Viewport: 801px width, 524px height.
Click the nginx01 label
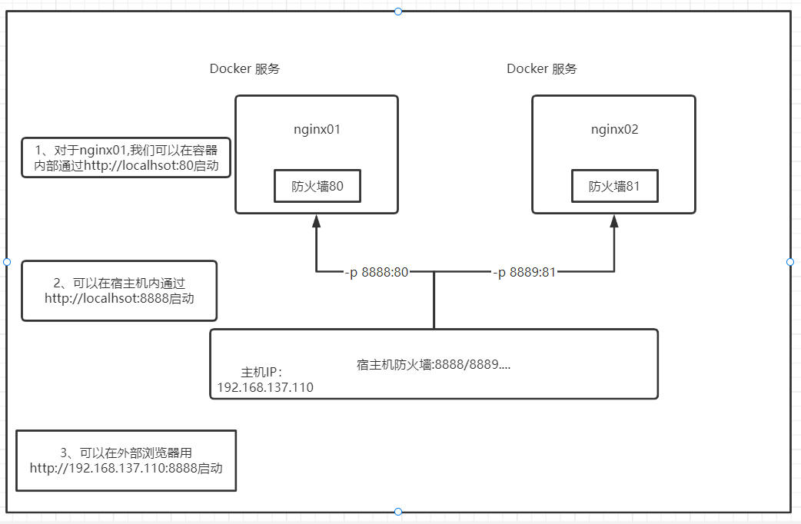pos(317,130)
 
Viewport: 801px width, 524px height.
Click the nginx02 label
pos(614,130)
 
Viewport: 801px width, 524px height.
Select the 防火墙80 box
pos(317,186)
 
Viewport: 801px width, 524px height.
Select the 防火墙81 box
pos(615,186)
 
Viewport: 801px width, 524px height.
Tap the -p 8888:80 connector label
pos(376,272)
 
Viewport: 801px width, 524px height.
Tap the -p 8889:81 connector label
pos(524,272)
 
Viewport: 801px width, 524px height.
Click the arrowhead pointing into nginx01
pos(316,221)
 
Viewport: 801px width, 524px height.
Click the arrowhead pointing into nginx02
pos(614,221)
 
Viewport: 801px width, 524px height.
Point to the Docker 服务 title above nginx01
pos(244,69)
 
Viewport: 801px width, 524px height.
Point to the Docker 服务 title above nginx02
pos(542,69)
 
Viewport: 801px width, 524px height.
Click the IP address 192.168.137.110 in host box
pos(265,387)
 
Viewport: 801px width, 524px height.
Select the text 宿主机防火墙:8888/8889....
pos(434,365)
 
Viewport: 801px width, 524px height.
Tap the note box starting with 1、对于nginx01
pos(126,158)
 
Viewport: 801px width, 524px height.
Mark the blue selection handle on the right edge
pos(790,262)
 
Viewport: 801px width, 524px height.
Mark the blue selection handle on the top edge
pos(398,12)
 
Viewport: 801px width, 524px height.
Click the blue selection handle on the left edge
pos(7,262)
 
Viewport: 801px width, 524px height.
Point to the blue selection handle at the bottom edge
pos(398,512)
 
